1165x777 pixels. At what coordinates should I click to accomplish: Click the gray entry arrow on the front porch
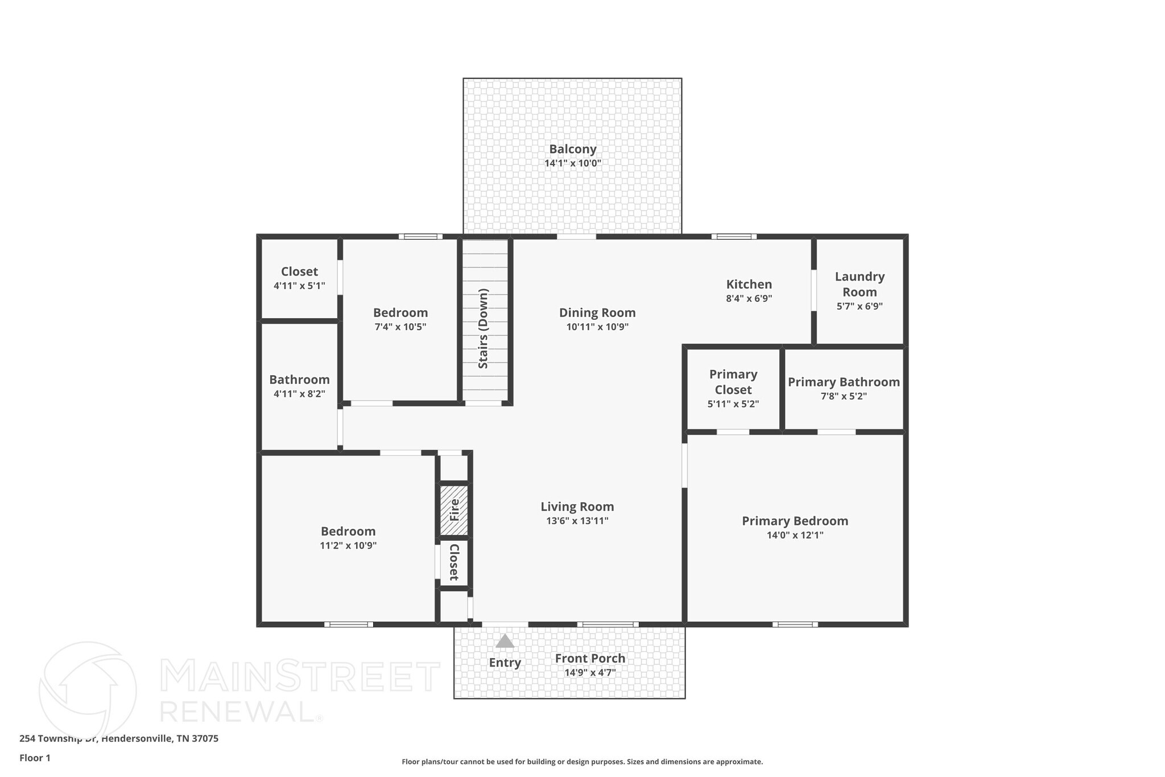pos(505,642)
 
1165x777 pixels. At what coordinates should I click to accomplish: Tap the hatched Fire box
pos(454,509)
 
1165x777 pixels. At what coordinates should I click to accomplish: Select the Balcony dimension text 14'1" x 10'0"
pos(572,163)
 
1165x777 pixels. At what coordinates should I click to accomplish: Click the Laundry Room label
pos(860,284)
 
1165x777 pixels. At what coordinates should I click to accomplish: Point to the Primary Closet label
pos(733,382)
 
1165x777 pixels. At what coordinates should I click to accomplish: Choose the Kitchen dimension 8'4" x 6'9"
pos(749,298)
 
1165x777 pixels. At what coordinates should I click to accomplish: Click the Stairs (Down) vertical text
pos(484,328)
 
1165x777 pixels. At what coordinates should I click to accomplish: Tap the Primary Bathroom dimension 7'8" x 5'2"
pos(844,396)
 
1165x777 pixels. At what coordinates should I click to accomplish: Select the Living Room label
pos(577,507)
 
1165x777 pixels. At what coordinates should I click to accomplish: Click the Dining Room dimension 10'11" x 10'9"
pos(597,327)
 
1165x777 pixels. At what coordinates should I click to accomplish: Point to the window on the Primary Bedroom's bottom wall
pos(795,624)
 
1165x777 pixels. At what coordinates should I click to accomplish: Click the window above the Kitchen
pos(733,236)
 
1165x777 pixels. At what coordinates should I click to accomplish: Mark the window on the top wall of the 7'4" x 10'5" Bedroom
pos(420,236)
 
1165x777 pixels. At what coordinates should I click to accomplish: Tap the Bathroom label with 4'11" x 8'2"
pos(299,380)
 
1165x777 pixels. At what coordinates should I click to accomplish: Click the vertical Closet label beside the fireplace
pos(454,562)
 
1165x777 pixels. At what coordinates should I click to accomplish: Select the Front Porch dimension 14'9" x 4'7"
pos(590,673)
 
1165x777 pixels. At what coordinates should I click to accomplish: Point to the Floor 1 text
pos(35,758)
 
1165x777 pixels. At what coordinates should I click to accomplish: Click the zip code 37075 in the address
pos(205,738)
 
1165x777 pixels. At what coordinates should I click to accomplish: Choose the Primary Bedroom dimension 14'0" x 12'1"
pos(795,535)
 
